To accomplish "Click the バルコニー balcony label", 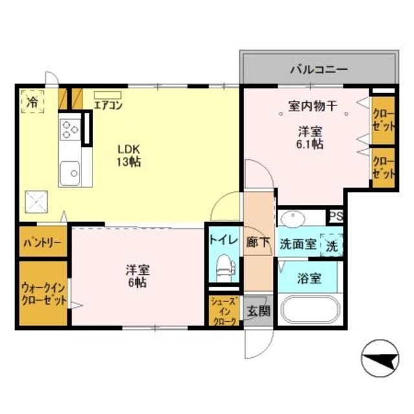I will click(319, 69).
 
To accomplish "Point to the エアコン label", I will click(107, 103).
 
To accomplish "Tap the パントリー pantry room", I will click(43, 243).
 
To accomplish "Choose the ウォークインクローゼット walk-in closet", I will click(43, 294).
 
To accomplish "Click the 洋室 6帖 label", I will click(135, 277).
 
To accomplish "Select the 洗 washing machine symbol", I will click(331, 245).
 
